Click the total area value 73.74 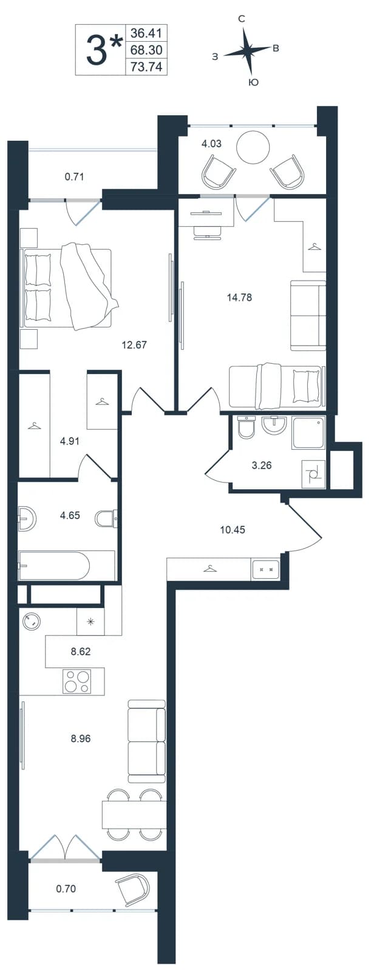(146, 67)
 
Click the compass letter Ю (253, 82)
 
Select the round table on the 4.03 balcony (253, 147)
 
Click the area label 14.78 (239, 298)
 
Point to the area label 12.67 (135, 345)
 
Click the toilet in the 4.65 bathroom (106, 517)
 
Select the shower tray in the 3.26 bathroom (308, 433)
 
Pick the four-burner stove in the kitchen (77, 681)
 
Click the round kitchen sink (32, 621)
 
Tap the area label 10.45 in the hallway (233, 529)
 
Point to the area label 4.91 (70, 441)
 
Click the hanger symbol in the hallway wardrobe (209, 568)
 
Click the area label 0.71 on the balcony (74, 176)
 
